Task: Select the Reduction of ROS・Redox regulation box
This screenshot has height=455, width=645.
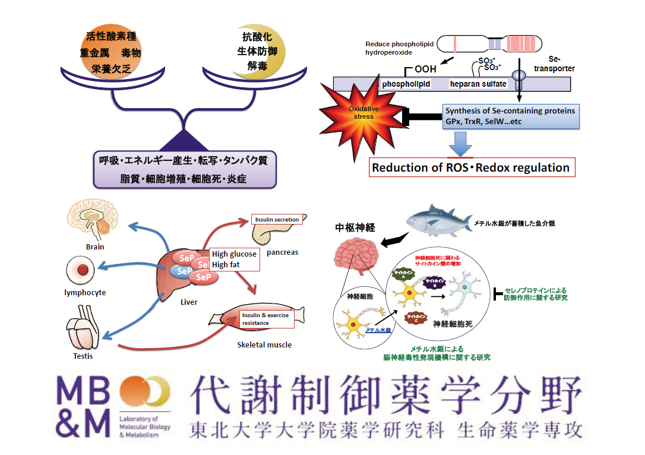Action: [472, 168]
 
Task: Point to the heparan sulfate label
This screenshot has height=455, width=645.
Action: [478, 84]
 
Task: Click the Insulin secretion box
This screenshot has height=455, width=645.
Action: [276, 219]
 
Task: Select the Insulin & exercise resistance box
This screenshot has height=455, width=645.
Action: [265, 319]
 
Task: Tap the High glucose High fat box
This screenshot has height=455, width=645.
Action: [234, 260]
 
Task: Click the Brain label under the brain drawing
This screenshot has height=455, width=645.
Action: [94, 247]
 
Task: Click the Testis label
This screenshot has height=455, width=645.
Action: [83, 356]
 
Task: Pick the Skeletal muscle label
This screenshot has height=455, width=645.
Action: [264, 345]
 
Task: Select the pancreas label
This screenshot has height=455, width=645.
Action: [282, 252]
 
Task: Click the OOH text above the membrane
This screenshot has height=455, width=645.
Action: [425, 69]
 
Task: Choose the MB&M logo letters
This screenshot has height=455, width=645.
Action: [84, 407]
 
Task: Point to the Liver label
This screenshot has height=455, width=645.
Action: [188, 302]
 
